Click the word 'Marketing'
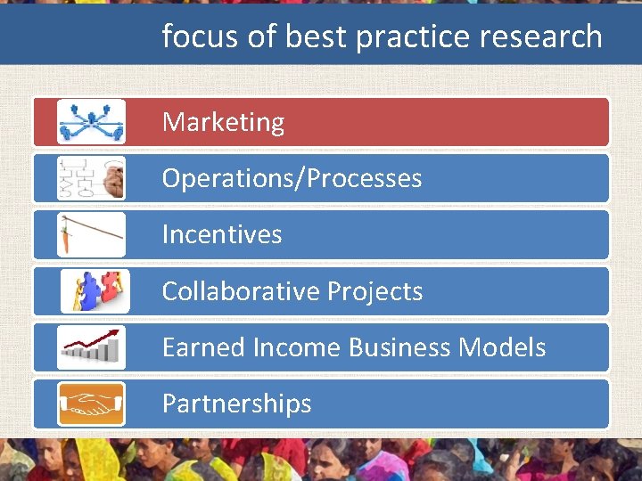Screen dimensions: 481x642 pos(223,122)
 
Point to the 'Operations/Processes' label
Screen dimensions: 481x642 pos(292,178)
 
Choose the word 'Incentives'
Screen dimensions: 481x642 pos(222,234)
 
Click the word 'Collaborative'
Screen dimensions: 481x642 pos(241,291)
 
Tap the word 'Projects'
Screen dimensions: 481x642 pos(375,291)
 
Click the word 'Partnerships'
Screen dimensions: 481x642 pos(236,404)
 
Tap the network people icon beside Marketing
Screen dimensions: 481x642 pos(91,122)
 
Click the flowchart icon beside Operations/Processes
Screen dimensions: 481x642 pos(91,178)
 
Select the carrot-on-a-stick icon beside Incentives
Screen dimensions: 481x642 pos(91,234)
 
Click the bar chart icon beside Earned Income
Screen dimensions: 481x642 pos(91,347)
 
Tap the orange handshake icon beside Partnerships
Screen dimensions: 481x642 pos(91,404)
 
